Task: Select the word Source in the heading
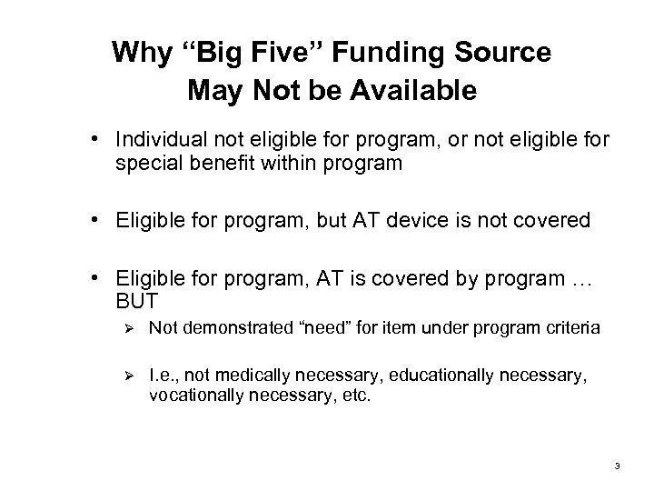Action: [503, 53]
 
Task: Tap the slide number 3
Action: [617, 466]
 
